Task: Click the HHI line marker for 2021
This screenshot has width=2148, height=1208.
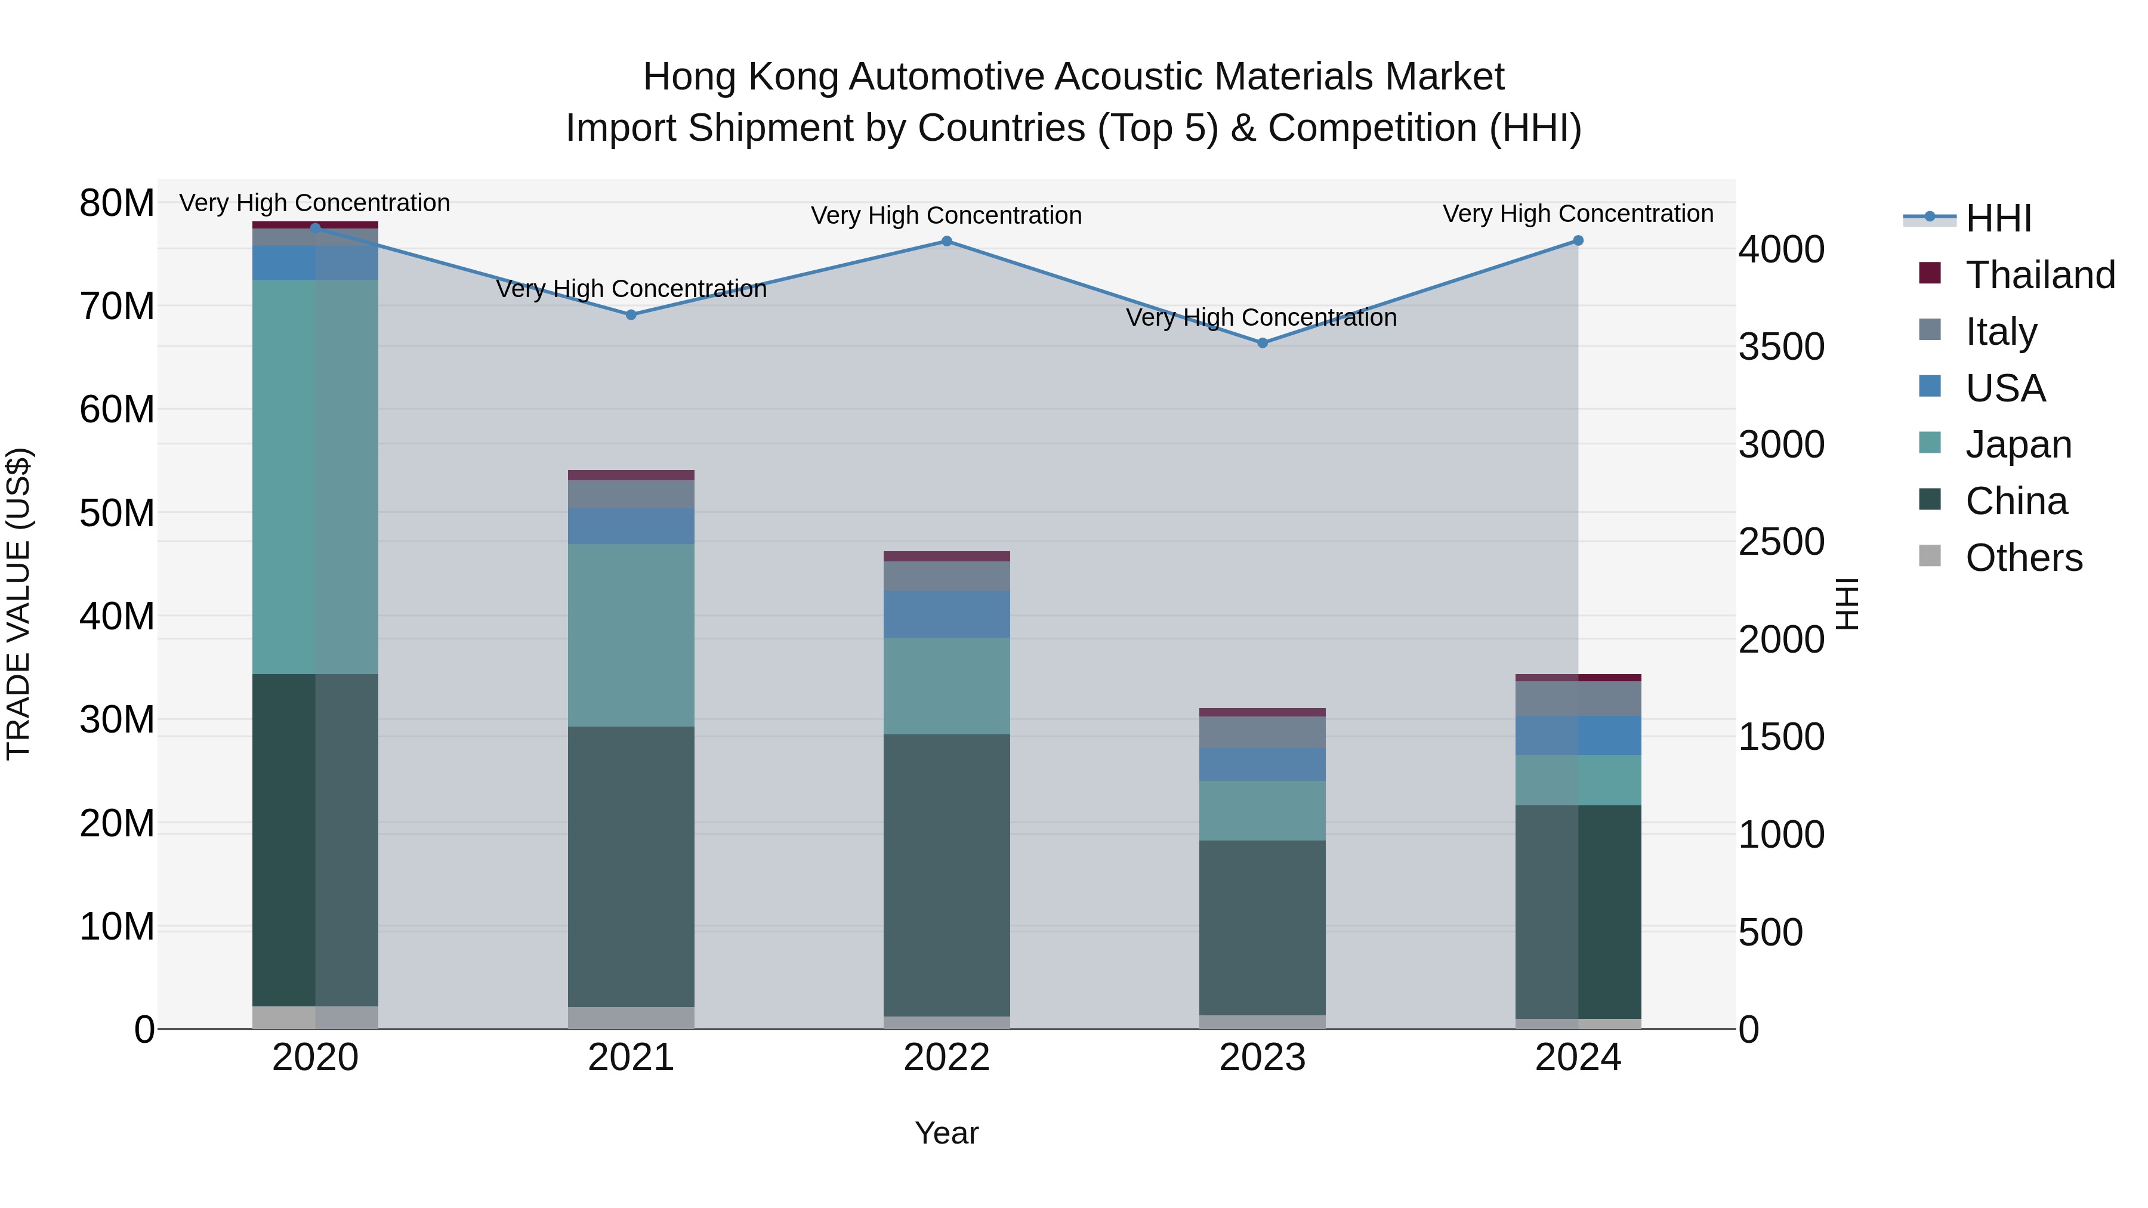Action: [x=631, y=314]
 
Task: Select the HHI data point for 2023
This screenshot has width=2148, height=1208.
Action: [x=1263, y=342]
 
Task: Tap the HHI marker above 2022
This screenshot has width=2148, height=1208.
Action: [x=946, y=241]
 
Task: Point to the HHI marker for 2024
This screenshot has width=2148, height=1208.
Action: [x=1578, y=240]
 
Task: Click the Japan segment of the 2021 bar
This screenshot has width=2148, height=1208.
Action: [x=631, y=635]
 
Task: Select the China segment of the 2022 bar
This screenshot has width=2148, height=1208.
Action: [x=946, y=875]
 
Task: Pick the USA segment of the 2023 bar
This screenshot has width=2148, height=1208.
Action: [x=1263, y=765]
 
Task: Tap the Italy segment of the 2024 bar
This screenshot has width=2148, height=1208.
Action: [x=1578, y=699]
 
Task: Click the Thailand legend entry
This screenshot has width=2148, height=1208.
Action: [x=2039, y=275]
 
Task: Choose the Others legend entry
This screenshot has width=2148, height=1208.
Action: [x=2023, y=558]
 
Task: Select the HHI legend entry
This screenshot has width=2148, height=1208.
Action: [x=1998, y=218]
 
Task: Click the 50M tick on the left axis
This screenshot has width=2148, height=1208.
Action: [x=117, y=512]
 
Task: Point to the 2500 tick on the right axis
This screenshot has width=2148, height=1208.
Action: [x=1781, y=542]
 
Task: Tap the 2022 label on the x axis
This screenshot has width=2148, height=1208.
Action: [x=946, y=1058]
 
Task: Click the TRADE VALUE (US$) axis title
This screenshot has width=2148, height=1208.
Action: [x=18, y=604]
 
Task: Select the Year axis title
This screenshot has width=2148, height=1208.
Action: [x=946, y=1133]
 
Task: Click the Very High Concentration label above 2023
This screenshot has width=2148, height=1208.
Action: [x=1261, y=317]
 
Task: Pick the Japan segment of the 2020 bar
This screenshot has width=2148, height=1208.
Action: [x=315, y=476]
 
